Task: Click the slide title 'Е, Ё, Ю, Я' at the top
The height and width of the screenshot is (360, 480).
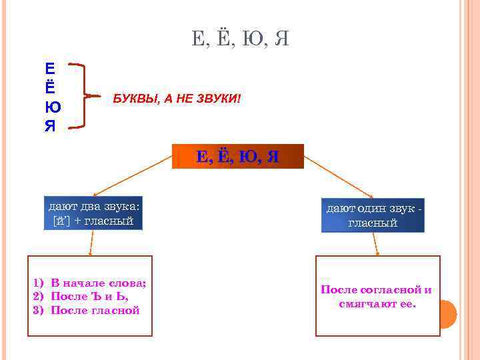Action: coord(240,39)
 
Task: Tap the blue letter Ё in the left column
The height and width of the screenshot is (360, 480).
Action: coord(50,87)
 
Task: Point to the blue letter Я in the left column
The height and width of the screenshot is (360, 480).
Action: coord(51,125)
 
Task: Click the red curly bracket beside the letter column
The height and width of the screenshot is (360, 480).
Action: coord(81,95)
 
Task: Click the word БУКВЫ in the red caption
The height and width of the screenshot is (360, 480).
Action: coord(133,99)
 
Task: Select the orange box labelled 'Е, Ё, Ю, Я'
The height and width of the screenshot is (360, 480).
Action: coord(238,157)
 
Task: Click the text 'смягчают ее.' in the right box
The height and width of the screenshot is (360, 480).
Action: coord(377,304)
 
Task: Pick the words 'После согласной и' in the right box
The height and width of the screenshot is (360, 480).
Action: coord(376,289)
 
